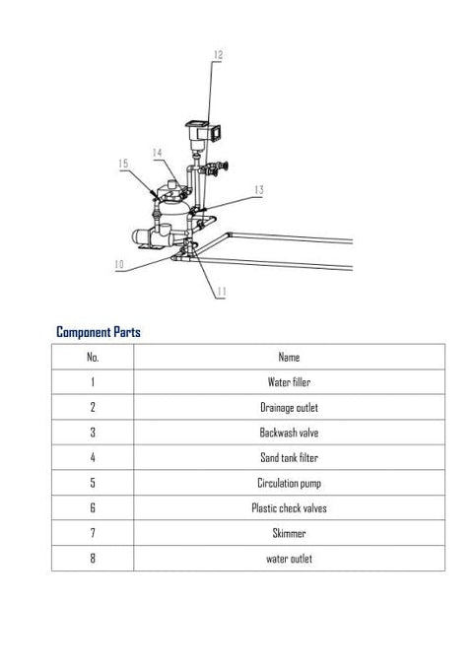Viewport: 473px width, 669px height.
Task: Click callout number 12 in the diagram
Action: [218, 55]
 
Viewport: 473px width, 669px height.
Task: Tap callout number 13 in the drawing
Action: [259, 190]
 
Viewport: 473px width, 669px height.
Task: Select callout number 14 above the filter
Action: [157, 153]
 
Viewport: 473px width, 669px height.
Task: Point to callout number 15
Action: [123, 164]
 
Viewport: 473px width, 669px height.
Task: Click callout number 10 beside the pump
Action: [119, 264]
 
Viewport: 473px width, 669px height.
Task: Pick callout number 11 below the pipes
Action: [221, 292]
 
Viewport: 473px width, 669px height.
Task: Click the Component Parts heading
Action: [99, 332]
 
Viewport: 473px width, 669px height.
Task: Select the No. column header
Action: [93, 357]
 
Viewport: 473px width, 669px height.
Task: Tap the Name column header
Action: [289, 357]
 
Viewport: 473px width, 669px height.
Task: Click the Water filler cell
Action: [289, 382]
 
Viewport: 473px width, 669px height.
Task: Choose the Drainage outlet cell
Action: [289, 408]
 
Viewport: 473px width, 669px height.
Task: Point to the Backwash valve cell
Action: [289, 433]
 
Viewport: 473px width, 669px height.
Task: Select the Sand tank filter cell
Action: [289, 458]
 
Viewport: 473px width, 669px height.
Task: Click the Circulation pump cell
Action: [289, 483]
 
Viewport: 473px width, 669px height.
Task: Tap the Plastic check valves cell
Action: [289, 508]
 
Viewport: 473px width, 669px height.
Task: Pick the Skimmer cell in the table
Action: [289, 533]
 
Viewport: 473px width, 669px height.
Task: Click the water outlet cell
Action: [289, 559]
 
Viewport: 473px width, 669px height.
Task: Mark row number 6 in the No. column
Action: [93, 507]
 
